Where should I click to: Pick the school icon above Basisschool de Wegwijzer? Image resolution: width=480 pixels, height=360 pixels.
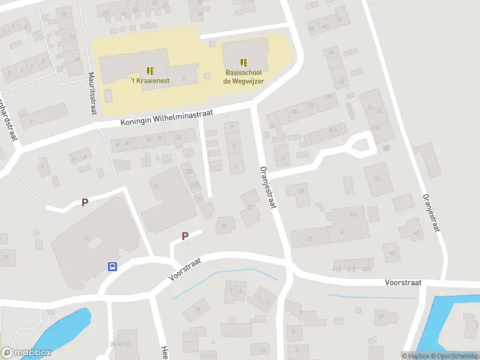point(244,62)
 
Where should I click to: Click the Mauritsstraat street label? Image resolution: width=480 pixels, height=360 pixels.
point(92,95)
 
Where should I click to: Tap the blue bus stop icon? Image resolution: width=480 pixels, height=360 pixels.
point(112,266)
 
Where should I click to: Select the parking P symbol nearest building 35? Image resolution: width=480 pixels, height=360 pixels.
point(185,236)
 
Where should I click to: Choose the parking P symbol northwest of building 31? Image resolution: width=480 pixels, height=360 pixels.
point(85,203)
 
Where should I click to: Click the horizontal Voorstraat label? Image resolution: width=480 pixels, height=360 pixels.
point(403,282)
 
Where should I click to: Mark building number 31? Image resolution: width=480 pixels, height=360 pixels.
point(86,239)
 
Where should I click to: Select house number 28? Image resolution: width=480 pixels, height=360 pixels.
point(198,310)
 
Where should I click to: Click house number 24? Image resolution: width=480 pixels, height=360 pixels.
point(301,191)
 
